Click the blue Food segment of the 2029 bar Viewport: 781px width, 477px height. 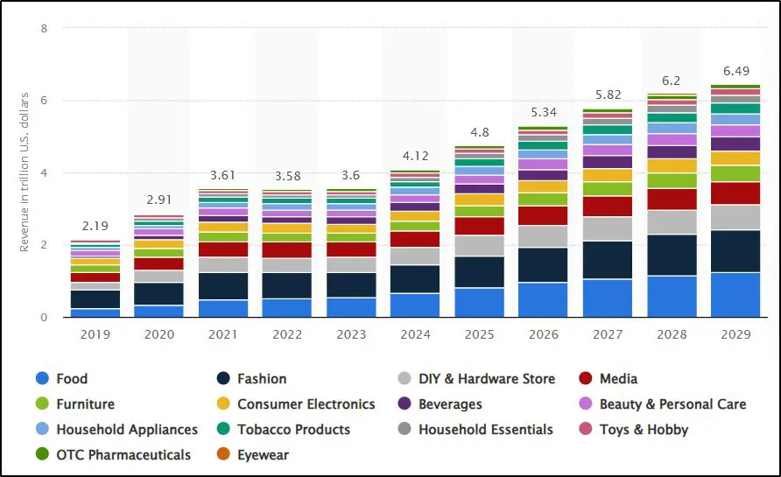735,295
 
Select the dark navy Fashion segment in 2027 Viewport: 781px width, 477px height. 608,260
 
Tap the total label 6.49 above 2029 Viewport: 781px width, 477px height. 735,70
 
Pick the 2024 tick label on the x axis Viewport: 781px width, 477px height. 416,334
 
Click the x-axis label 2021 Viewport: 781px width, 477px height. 224,334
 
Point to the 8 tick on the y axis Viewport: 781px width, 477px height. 44,28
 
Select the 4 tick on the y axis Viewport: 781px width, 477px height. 44,173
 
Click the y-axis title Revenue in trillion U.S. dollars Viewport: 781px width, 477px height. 25,172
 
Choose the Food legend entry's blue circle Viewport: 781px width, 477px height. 41,379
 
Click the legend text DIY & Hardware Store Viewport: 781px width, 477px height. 487,379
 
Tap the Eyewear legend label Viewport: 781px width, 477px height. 263,455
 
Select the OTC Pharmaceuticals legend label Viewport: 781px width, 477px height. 123,455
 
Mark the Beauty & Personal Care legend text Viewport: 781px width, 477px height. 672,404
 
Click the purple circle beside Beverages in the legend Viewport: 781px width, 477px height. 404,404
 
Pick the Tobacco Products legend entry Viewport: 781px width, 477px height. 293,430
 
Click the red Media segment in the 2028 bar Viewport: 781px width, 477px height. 672,200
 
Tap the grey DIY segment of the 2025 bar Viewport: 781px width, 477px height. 480,246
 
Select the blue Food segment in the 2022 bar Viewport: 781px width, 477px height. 288,307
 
